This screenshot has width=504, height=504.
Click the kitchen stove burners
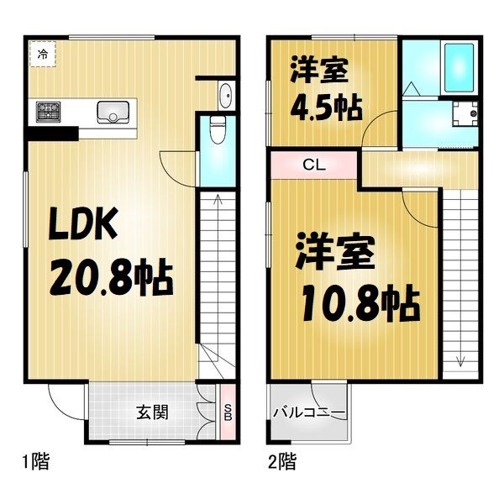coord(49,109)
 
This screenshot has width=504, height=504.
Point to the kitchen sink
coord(113,111)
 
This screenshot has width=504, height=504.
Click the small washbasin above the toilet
coord(226,94)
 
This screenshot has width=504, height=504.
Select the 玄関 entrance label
coord(153,412)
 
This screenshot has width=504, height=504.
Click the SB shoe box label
coord(227,412)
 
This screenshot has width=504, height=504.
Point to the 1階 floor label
coord(35,460)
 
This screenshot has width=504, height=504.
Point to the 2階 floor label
coord(281,460)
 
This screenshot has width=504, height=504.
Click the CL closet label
coord(314,165)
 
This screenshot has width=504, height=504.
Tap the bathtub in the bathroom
coord(460,65)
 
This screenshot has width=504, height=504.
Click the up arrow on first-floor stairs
coord(218,199)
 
